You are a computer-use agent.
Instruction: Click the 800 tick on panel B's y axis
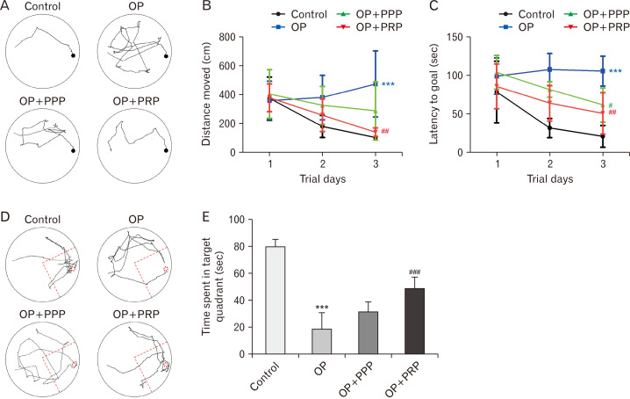pyautogui.click(x=230, y=37)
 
